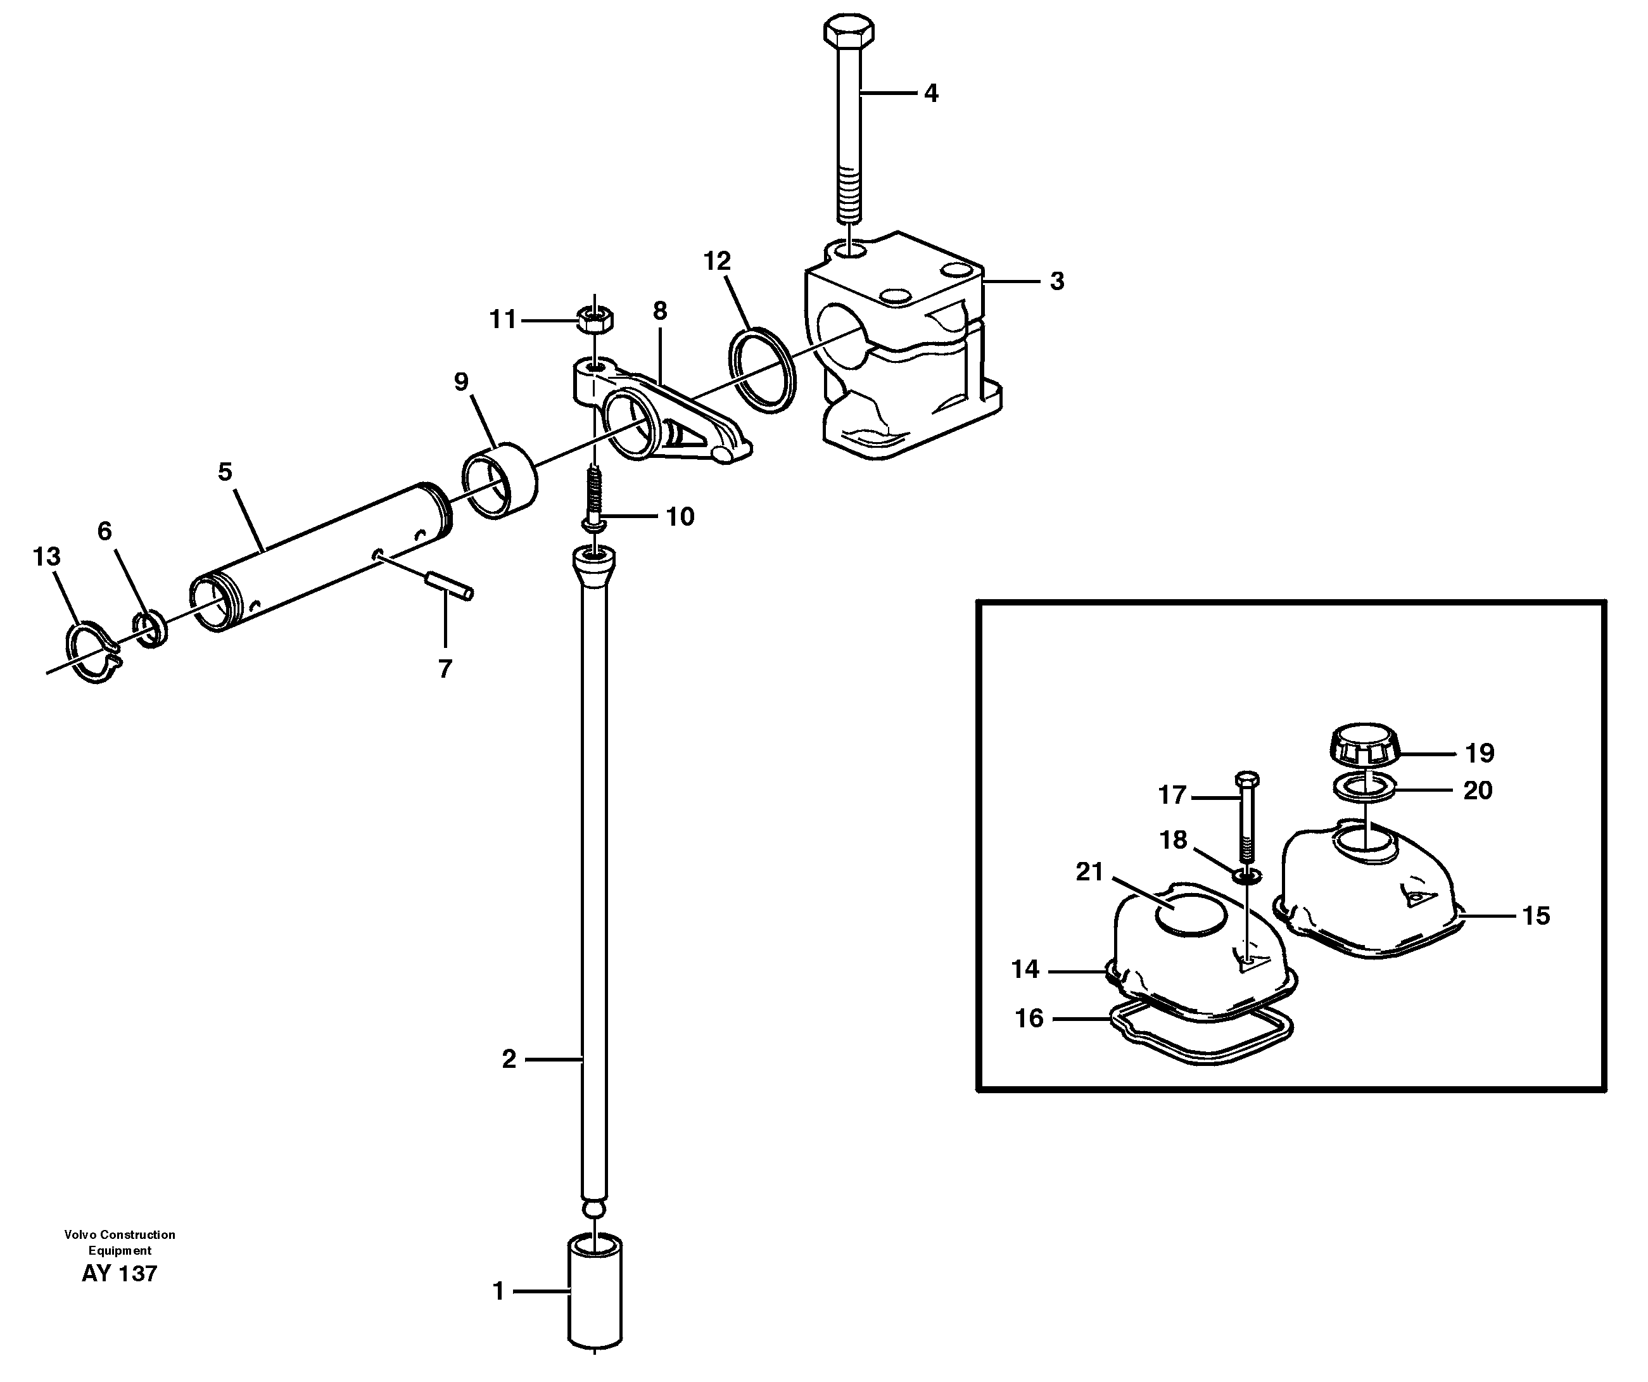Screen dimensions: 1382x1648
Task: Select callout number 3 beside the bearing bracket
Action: tap(1056, 281)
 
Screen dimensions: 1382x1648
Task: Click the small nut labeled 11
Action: tap(595, 319)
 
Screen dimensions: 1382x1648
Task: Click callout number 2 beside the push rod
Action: tap(509, 1060)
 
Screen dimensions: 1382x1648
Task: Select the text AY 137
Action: tap(119, 1273)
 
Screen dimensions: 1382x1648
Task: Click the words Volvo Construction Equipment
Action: tap(119, 1241)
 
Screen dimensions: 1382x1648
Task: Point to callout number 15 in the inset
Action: tap(1535, 915)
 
